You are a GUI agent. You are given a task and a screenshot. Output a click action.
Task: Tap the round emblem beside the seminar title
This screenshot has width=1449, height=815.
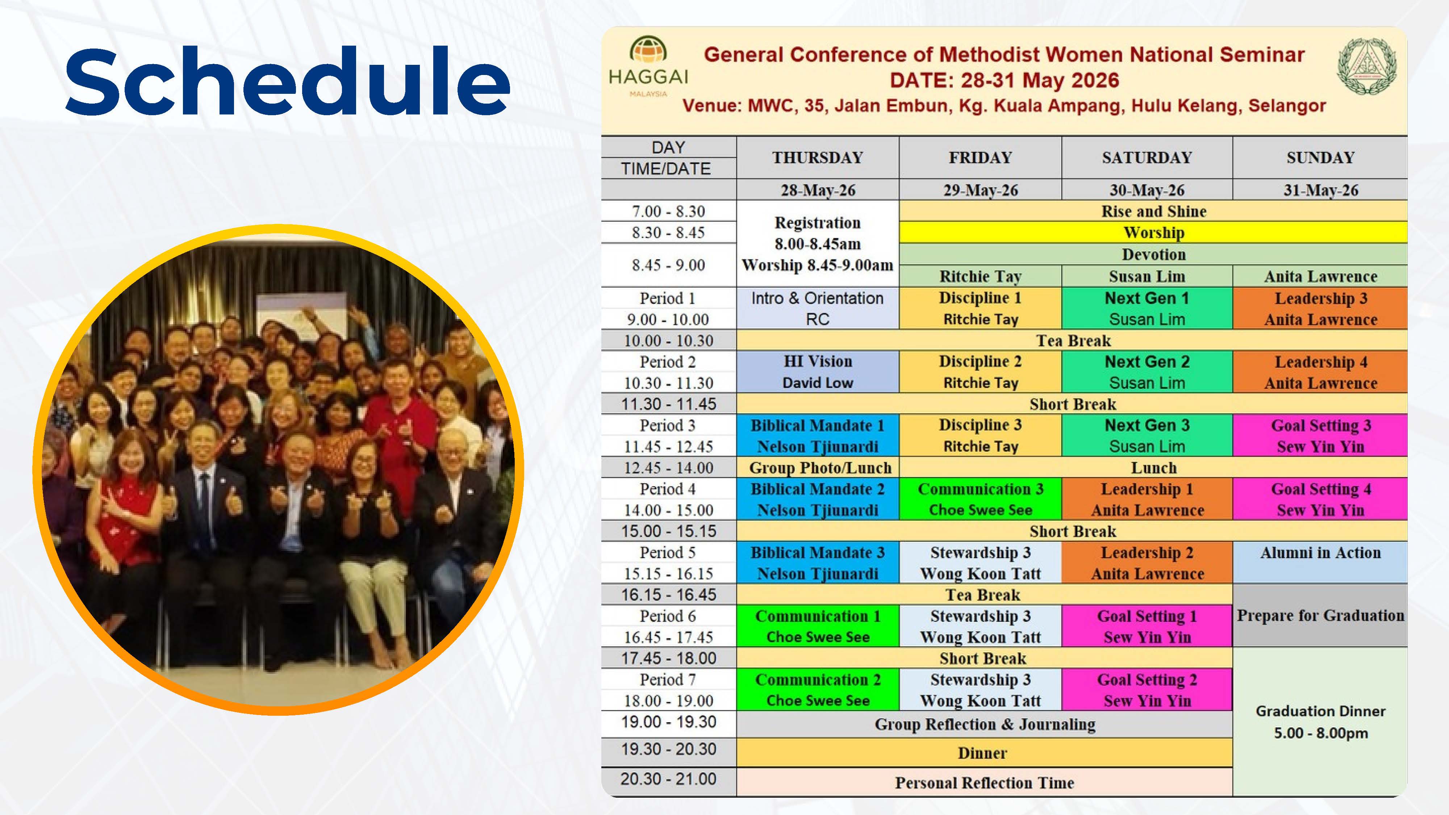pos(1366,66)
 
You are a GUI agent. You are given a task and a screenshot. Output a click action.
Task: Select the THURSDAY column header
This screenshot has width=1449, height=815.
pos(817,158)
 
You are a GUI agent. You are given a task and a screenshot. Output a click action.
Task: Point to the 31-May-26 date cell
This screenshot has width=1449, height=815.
pos(1320,190)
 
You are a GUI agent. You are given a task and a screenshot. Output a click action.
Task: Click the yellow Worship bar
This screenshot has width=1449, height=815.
pos(1153,232)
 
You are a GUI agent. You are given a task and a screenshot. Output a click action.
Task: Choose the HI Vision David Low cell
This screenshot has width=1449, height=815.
pos(817,372)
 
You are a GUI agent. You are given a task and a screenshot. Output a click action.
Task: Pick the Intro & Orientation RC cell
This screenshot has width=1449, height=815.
pos(817,308)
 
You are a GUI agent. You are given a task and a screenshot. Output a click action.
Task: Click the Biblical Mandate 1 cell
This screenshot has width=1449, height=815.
pos(817,435)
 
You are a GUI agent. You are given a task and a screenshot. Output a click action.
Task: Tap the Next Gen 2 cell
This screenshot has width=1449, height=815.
pos(1147,372)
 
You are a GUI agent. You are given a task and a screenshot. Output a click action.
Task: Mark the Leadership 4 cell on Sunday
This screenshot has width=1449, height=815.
pos(1320,372)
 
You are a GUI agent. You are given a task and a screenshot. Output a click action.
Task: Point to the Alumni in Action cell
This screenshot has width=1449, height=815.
pos(1320,562)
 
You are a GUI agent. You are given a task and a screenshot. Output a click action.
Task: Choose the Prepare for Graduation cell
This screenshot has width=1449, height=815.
pos(1320,615)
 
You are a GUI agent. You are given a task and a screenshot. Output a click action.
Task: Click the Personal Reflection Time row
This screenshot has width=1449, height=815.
pos(984,782)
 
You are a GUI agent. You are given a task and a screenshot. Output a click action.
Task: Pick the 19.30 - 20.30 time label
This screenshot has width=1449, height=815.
pos(668,749)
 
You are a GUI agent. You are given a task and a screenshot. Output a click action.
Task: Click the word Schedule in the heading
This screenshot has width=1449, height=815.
pos(287,81)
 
